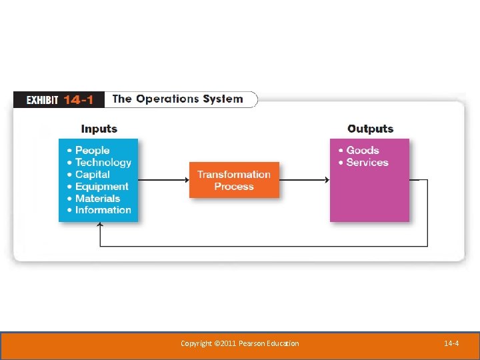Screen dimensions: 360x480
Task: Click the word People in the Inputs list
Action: pos(92,151)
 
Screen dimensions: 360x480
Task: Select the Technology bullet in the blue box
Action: pos(103,163)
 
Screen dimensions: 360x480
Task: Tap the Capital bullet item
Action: pos(92,175)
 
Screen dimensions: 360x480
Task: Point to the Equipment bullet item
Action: pos(101,187)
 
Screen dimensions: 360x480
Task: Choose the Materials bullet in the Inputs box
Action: pos(97,199)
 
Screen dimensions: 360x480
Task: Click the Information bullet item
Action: pos(103,210)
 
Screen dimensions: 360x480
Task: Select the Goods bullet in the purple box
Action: pos(362,151)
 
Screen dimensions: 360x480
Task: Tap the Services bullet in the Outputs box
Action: pos(367,163)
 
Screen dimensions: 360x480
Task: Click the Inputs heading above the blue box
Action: pos(99,129)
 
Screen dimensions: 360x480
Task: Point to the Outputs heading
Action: pos(370,129)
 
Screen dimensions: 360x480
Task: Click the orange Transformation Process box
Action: pos(234,180)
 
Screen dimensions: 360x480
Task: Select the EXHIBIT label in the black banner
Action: pos(43,100)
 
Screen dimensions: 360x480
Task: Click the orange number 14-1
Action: pos(79,100)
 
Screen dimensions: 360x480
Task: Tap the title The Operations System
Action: pos(177,99)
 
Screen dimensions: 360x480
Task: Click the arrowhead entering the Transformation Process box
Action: pos(186,180)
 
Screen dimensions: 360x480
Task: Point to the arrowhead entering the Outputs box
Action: pos(327,180)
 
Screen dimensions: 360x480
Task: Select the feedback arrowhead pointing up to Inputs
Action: pos(100,226)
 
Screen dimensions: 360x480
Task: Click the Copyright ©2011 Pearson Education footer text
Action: pos(239,343)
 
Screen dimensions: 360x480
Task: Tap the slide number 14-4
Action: pos(451,343)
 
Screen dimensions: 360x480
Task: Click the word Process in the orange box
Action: pos(234,187)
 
